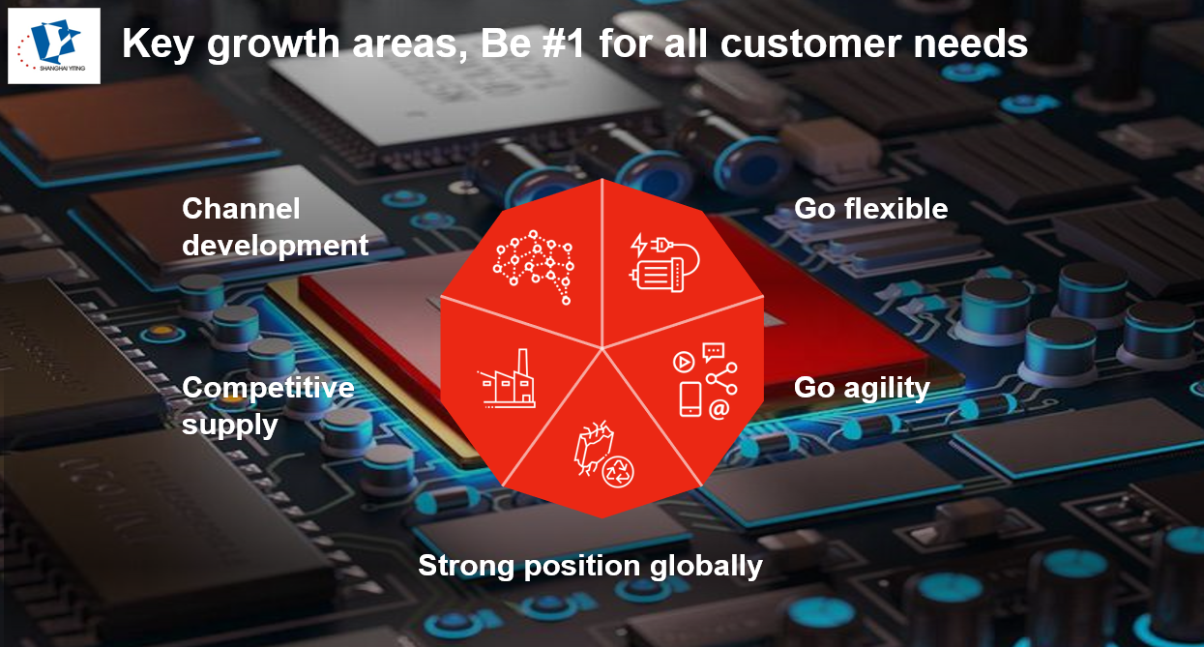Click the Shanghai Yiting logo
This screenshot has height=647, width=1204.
(54, 45)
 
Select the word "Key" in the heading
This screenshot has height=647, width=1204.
(159, 45)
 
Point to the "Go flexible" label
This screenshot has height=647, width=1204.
(870, 209)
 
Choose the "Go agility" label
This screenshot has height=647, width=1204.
(862, 388)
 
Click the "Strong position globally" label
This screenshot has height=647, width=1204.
(590, 567)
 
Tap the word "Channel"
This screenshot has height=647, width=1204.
(241, 209)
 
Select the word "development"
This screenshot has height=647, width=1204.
(276, 246)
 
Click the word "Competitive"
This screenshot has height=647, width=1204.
(268, 388)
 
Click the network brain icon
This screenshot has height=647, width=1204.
(534, 267)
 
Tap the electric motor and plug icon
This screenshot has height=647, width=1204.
(664, 262)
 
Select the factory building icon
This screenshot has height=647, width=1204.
(507, 379)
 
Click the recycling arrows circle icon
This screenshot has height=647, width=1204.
(618, 472)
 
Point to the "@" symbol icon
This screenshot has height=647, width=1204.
(719, 409)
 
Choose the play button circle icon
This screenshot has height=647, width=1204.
(684, 363)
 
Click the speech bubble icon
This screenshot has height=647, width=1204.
(714, 353)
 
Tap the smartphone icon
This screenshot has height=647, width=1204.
(690, 399)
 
